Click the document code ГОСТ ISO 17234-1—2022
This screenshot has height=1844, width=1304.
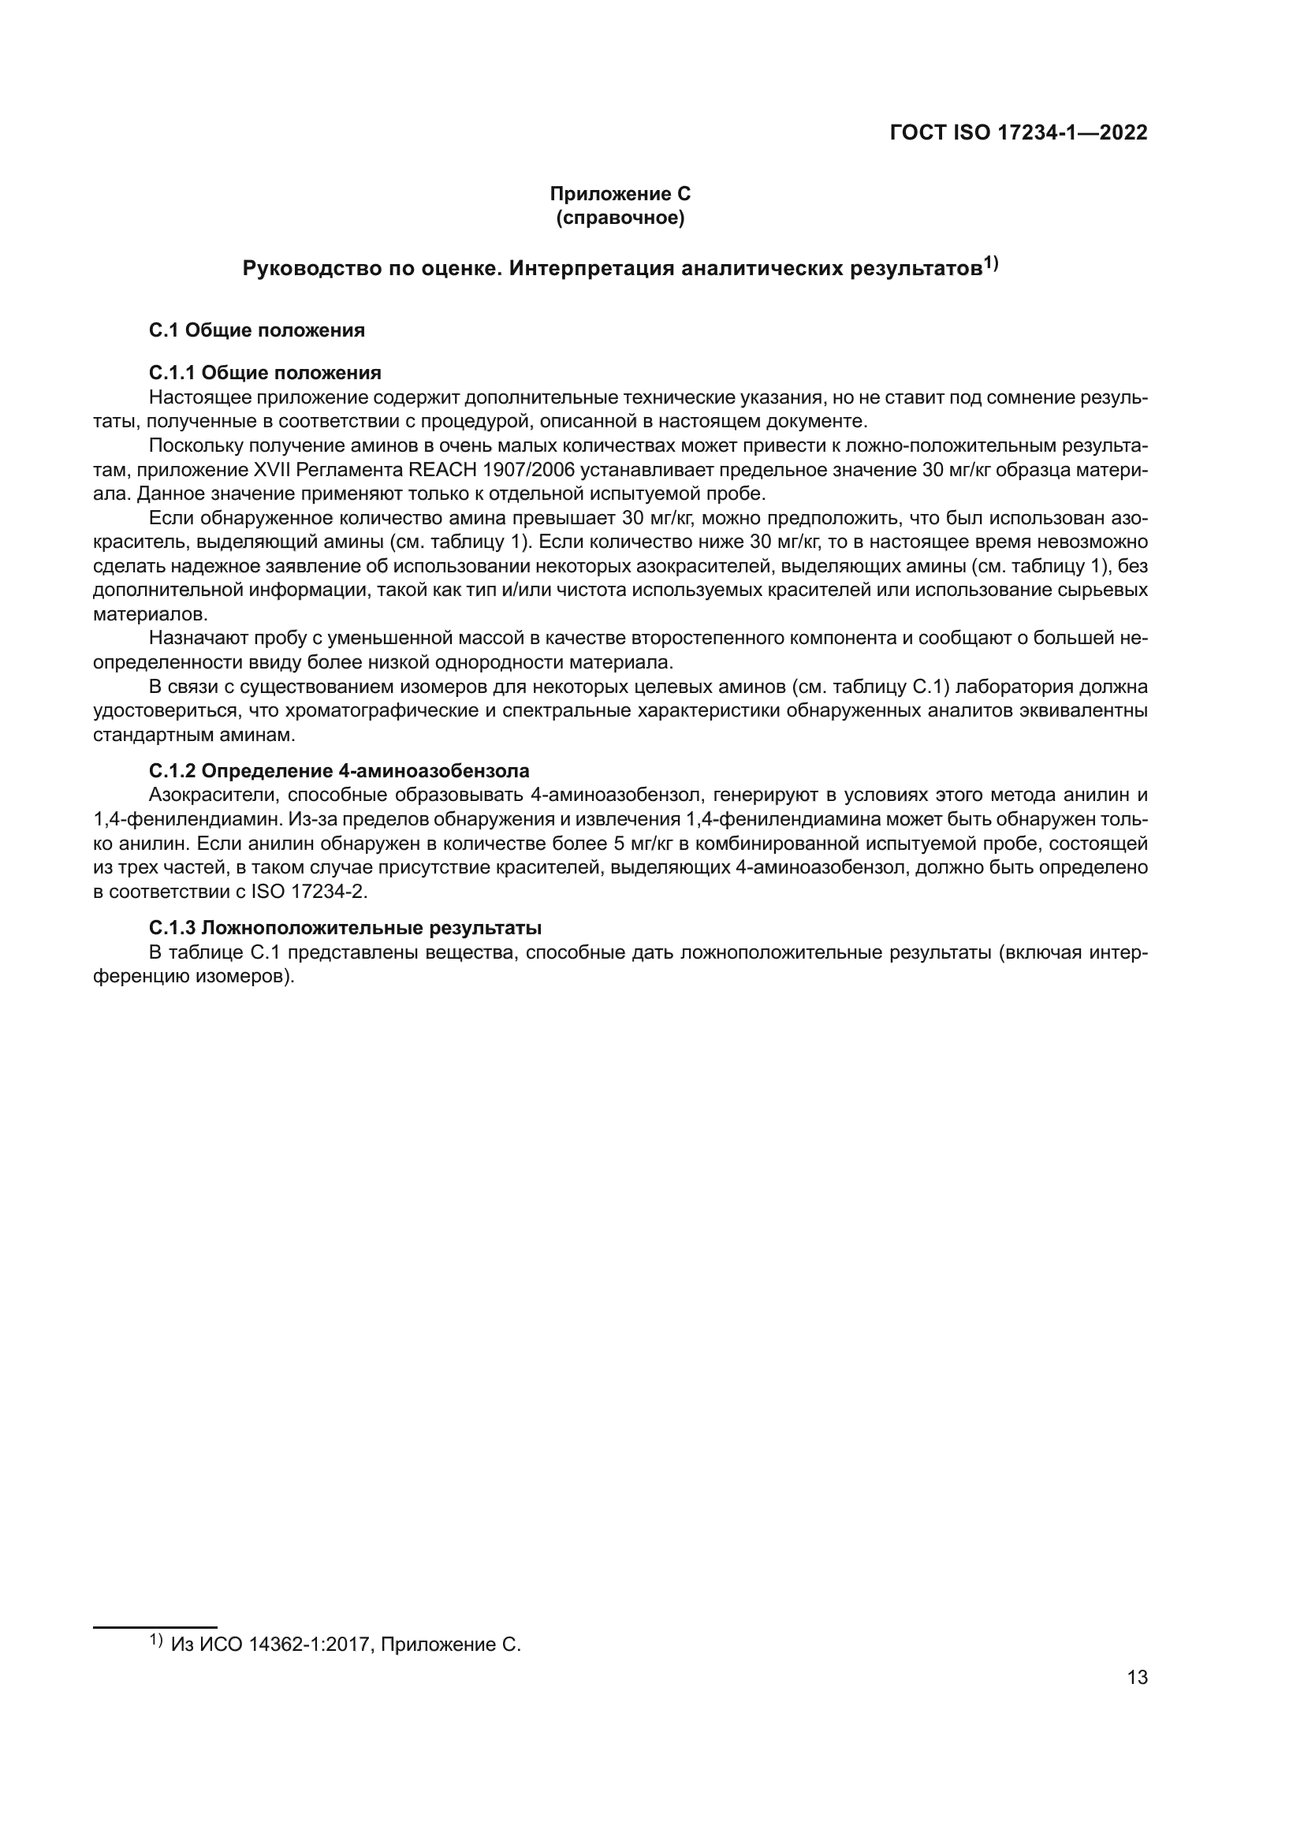coord(1018,133)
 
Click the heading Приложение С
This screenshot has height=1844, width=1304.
coord(620,194)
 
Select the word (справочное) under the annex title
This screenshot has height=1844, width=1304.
coord(620,218)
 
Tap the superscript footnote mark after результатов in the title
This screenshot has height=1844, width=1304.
coord(991,263)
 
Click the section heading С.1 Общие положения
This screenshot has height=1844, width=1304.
coord(257,330)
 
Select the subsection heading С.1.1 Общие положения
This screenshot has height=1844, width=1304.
coord(265,373)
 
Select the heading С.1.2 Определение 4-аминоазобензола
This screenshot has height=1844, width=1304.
coord(339,771)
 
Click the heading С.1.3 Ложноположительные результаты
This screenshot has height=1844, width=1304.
coord(345,928)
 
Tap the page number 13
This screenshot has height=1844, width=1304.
coord(1137,1678)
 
